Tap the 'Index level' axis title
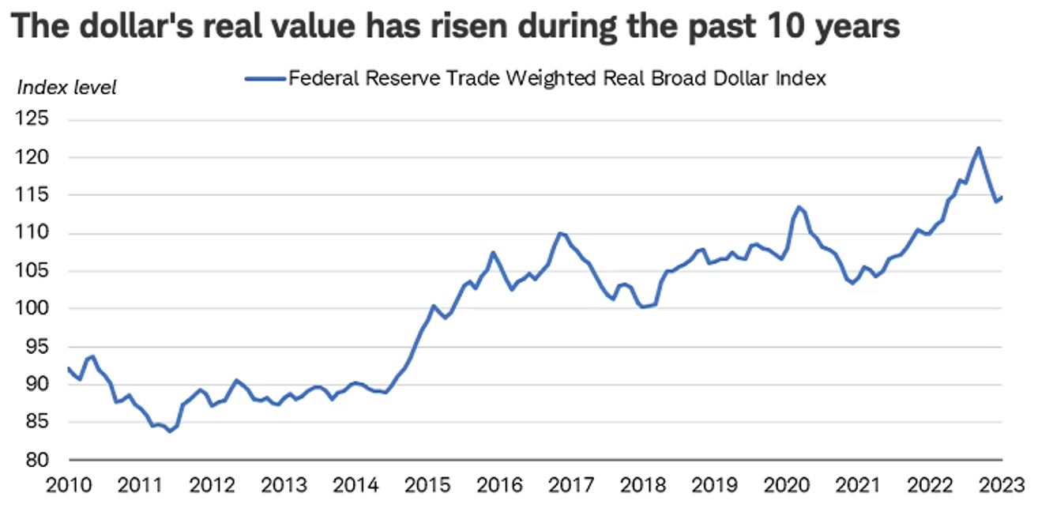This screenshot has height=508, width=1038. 66,88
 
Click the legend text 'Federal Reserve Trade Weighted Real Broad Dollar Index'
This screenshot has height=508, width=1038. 556,79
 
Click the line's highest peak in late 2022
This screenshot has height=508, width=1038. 979,148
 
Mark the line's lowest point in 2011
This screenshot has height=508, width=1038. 170,431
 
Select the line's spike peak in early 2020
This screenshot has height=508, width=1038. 799,207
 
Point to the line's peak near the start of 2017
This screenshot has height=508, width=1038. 560,233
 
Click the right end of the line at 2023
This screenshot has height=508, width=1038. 1002,198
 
